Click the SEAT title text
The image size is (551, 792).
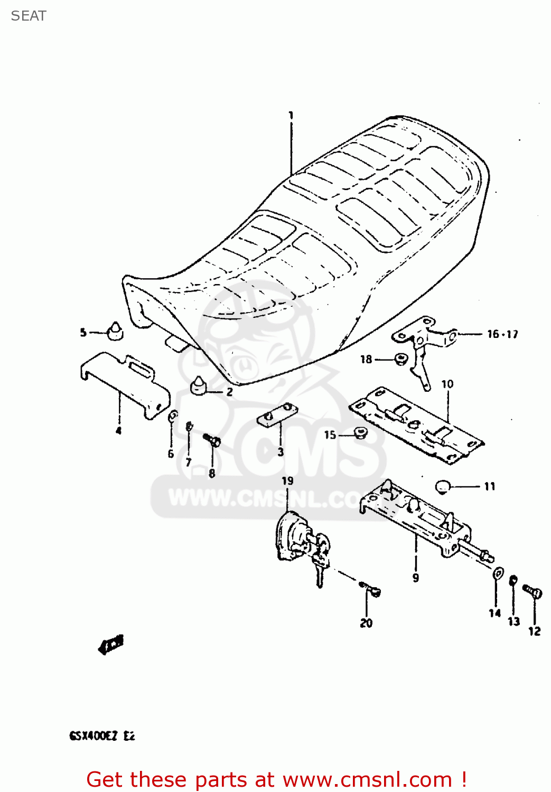pos(29,16)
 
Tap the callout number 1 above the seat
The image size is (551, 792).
pos(291,115)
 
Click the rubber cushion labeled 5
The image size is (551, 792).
pos(115,331)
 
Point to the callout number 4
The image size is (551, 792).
pos(119,431)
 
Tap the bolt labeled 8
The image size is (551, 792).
pos(212,440)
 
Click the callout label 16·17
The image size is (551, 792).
pos(502,334)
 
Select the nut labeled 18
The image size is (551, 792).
pos(400,360)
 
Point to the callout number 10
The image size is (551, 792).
pos(447,384)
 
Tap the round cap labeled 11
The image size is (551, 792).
pos(443,486)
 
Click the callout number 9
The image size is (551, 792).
pos(416,578)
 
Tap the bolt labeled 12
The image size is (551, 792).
pos(533,591)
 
